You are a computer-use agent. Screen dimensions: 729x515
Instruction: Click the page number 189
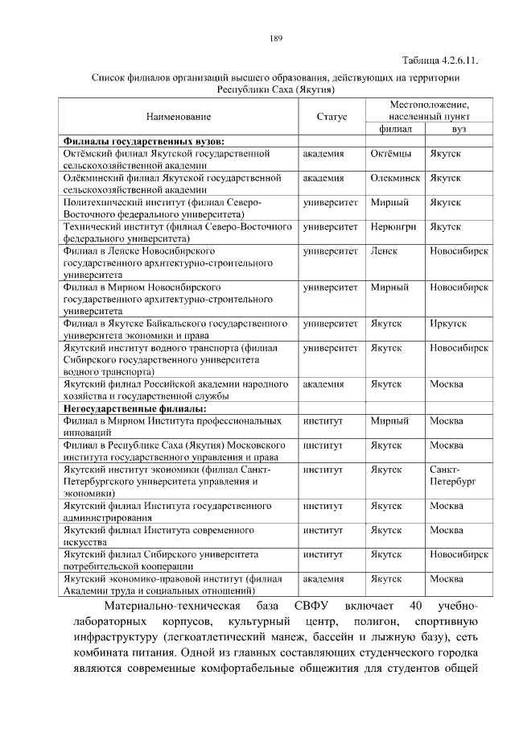[275, 38]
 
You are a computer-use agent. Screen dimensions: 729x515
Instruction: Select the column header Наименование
[179, 118]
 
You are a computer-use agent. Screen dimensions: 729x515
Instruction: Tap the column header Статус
[332, 118]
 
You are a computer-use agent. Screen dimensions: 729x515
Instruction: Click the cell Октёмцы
[392, 153]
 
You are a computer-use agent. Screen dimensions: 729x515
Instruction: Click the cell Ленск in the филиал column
[385, 251]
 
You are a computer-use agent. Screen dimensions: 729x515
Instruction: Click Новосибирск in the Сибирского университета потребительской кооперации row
[459, 555]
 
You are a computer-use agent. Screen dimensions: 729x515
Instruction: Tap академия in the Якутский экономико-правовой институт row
[323, 579]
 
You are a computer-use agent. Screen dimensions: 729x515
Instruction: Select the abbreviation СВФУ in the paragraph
[316, 606]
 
